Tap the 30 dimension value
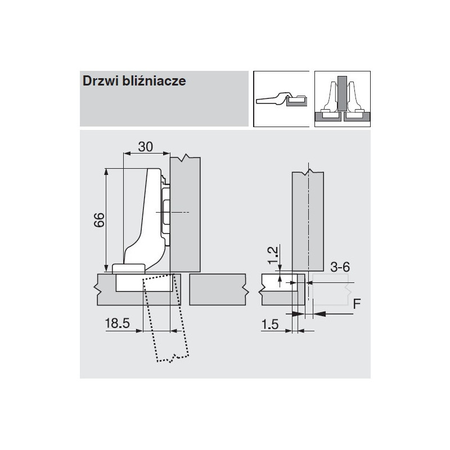[146, 146]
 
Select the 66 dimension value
[99, 219]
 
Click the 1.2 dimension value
[272, 254]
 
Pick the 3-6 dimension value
[340, 267]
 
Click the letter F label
[356, 304]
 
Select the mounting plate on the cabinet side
[165, 214]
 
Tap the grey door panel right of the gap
[217, 289]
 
